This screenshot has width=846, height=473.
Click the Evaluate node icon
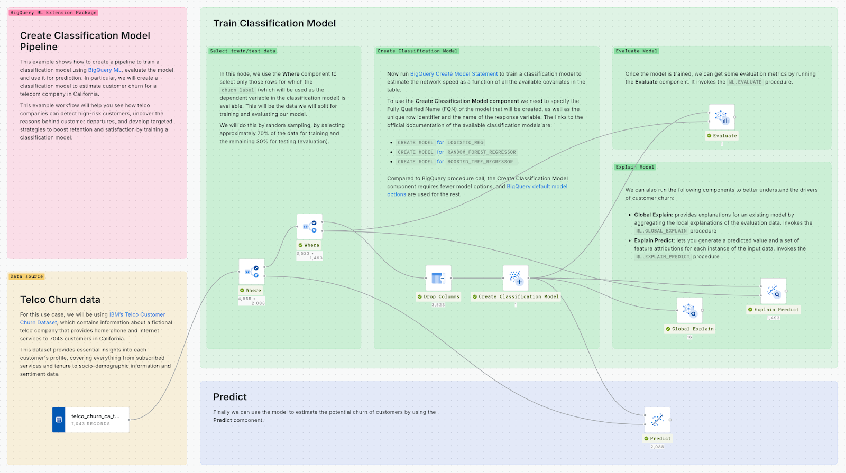(x=722, y=117)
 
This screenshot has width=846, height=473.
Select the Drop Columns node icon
(x=438, y=278)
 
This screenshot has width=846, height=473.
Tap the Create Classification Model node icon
(x=516, y=278)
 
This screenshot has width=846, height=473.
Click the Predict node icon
(x=657, y=420)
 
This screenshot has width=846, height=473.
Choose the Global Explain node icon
(x=689, y=310)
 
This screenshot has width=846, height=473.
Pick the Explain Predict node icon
(x=773, y=291)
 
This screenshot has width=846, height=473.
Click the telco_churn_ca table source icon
(x=59, y=420)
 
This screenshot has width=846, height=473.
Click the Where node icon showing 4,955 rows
(x=252, y=272)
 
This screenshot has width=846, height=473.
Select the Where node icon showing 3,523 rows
(x=310, y=227)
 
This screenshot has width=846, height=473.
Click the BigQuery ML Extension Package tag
(x=53, y=12)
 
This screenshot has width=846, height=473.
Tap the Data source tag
(x=27, y=276)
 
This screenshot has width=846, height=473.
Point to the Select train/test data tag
(x=243, y=51)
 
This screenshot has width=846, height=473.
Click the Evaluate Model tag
(x=637, y=51)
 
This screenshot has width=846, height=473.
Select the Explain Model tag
(x=635, y=167)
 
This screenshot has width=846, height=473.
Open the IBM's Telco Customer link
(x=137, y=314)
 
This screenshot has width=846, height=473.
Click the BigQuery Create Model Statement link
(x=454, y=74)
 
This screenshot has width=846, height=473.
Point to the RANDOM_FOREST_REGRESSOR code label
(x=482, y=152)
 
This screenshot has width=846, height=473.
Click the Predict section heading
(x=230, y=397)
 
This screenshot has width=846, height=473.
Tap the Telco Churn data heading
(x=60, y=300)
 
